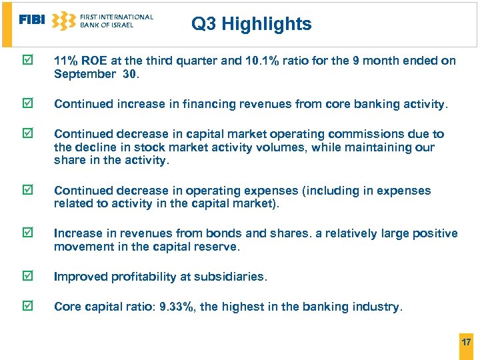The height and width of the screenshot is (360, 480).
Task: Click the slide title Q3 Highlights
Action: pyautogui.click(x=251, y=24)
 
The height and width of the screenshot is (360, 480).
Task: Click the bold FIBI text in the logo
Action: pyautogui.click(x=32, y=20)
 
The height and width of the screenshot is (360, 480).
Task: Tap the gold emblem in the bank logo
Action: pyautogui.click(x=63, y=21)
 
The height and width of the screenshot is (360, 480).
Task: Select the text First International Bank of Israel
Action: pyautogui.click(x=116, y=21)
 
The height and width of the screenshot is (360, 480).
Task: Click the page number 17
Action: pyautogui.click(x=466, y=342)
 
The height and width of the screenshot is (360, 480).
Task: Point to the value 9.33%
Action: pyautogui.click(x=178, y=307)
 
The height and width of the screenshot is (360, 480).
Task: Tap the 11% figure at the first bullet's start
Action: pyautogui.click(x=66, y=61)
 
